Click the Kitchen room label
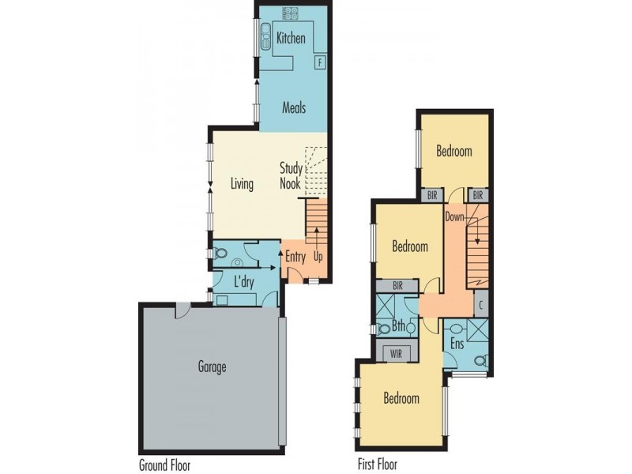(291, 38)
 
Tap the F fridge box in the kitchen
(320, 61)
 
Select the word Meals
(293, 108)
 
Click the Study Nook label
(291, 175)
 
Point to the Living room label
(242, 184)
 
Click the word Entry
(295, 256)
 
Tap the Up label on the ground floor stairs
(318, 256)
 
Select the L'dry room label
(243, 280)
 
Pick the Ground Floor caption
(164, 465)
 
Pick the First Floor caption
(377, 465)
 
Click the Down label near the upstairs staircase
(454, 216)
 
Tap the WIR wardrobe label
(396, 354)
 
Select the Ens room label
(457, 344)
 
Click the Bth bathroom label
(399, 325)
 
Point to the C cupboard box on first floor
(481, 304)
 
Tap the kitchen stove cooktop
(290, 13)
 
